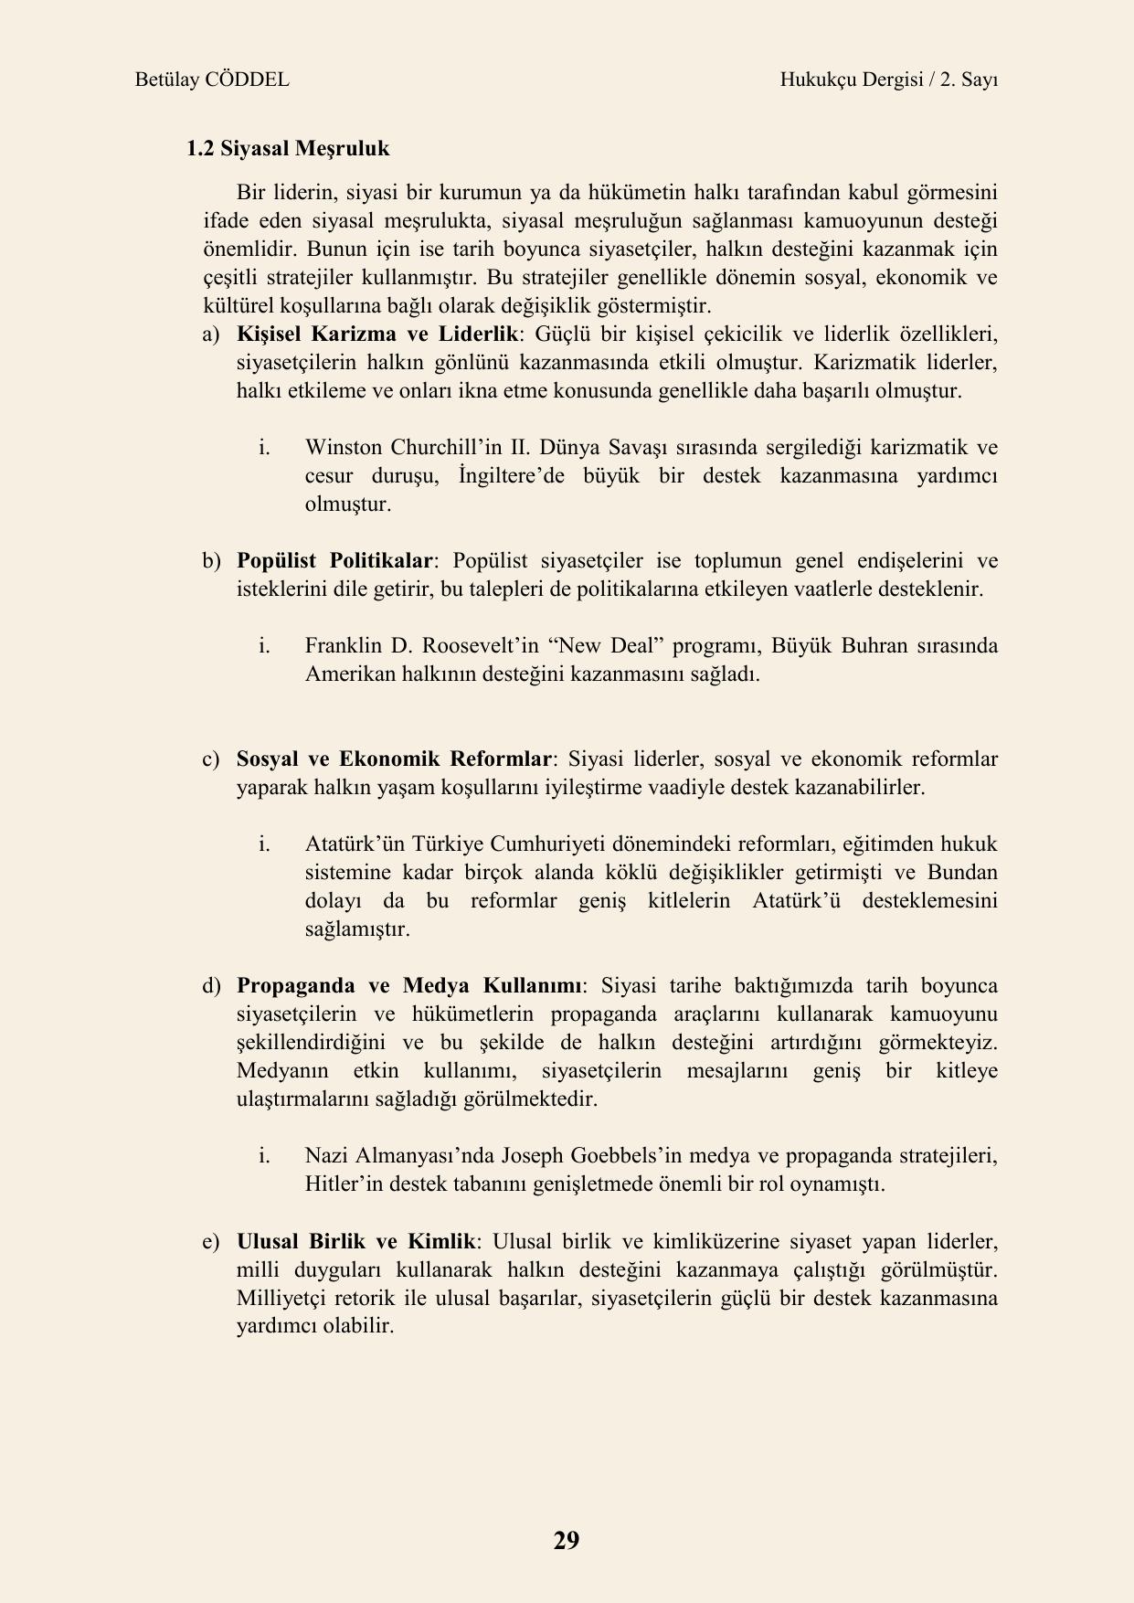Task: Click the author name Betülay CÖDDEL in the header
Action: (x=212, y=80)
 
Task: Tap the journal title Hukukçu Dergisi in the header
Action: (x=850, y=80)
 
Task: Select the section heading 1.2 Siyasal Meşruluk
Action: (x=288, y=148)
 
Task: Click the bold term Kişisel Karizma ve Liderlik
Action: (x=376, y=334)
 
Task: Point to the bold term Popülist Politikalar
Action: (x=334, y=560)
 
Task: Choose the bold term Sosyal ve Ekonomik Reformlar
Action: (x=394, y=759)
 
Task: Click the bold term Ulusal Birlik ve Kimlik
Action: (x=355, y=1241)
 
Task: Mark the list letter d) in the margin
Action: (x=211, y=985)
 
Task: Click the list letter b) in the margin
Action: (x=211, y=560)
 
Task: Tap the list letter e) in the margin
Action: (x=211, y=1241)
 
